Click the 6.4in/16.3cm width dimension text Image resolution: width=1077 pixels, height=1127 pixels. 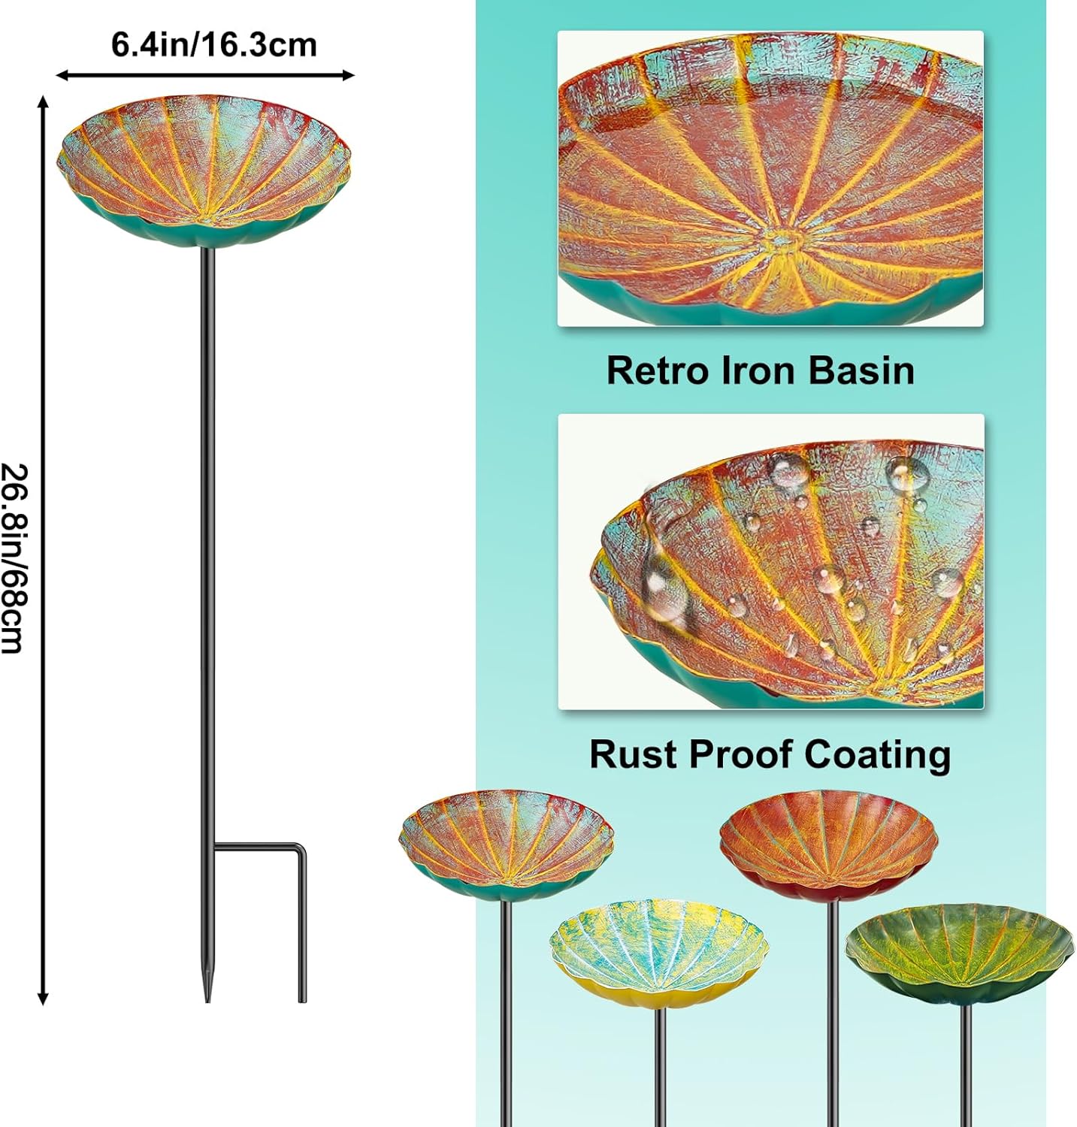(214, 45)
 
